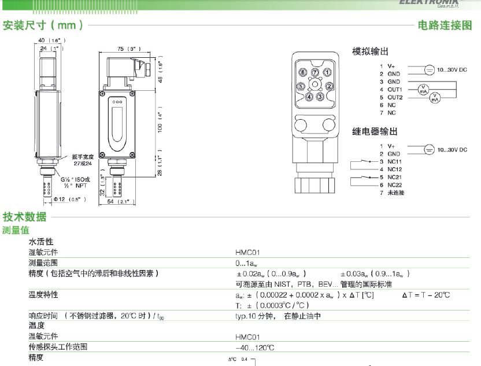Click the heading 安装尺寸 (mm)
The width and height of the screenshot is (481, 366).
pos(43,25)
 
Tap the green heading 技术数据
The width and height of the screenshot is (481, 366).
pos(24,217)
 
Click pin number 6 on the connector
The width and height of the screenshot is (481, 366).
pos(303,72)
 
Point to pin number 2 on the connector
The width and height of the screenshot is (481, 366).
pos(329,86)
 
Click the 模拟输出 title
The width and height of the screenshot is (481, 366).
pos(370,51)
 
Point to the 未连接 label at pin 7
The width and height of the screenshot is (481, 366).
pos(395,192)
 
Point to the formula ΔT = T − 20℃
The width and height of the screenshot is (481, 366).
pos(425,295)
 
